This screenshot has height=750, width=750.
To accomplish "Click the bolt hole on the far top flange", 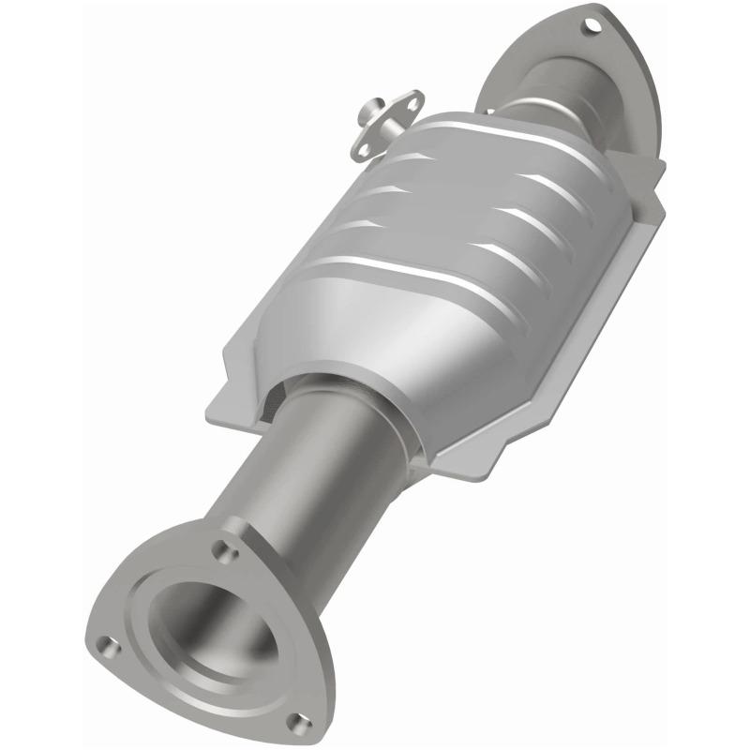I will (590, 25).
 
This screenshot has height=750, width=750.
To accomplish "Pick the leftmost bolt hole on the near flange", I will (111, 646).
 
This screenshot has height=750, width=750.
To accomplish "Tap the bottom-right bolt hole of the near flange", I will (298, 720).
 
